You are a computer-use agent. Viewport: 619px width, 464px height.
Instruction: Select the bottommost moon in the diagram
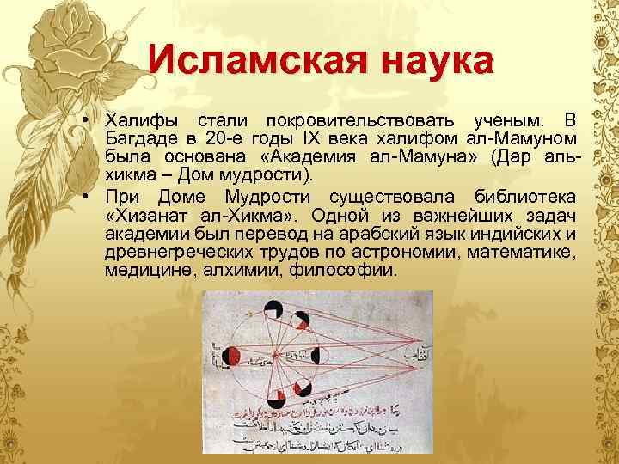(x=278, y=396)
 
